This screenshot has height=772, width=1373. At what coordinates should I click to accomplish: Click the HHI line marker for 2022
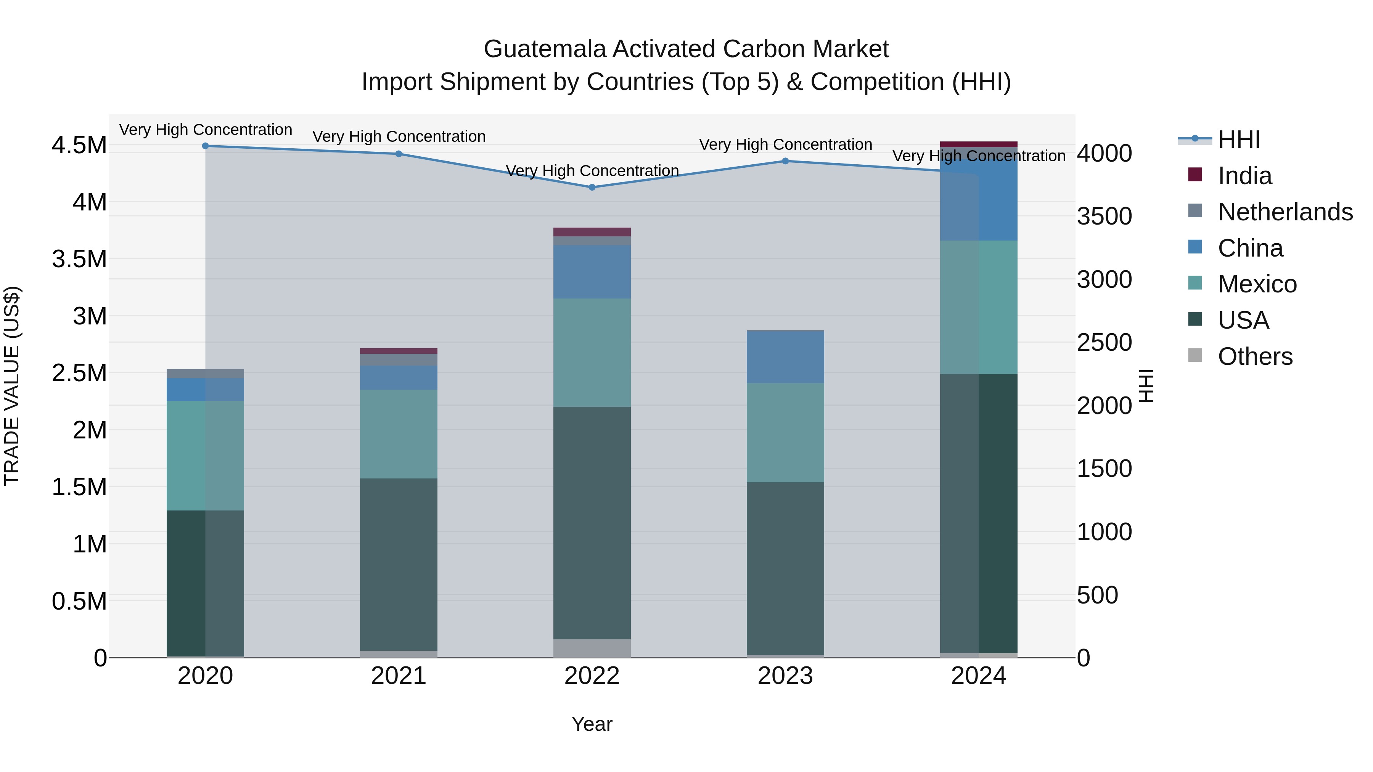point(592,188)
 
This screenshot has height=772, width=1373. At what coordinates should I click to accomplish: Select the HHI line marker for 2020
point(205,146)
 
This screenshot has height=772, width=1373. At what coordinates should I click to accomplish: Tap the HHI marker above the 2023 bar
point(785,161)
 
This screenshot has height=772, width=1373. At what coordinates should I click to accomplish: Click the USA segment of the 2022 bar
point(592,523)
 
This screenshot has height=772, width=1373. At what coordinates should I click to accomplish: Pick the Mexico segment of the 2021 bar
point(399,434)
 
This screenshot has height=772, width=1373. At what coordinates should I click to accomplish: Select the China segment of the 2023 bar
point(785,356)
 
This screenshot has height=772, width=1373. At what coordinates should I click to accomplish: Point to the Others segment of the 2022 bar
point(592,648)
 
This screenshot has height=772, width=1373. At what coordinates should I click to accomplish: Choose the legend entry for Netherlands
point(1285,212)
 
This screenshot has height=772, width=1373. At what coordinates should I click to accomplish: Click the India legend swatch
point(1195,175)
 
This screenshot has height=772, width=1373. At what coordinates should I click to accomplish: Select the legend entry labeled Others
point(1255,356)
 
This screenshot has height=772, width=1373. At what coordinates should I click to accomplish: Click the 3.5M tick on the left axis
point(79,260)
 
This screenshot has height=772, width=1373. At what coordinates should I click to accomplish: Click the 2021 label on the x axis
point(399,676)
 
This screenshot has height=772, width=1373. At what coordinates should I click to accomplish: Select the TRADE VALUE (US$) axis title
point(12,386)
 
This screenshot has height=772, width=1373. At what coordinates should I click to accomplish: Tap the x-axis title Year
point(592,724)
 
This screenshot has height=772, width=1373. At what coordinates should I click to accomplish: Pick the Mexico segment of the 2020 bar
point(205,456)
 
